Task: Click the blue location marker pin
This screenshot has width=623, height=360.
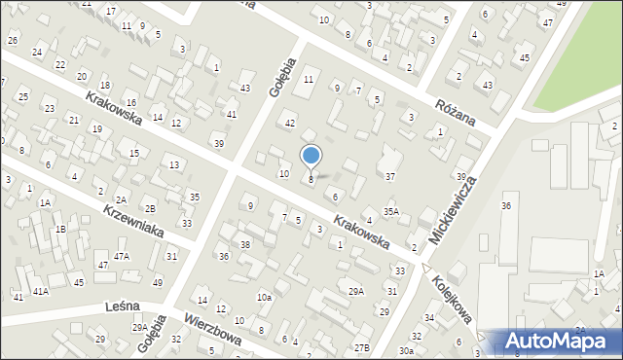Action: tap(311, 157)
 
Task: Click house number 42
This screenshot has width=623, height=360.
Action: tap(289, 124)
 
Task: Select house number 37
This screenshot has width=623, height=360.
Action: tap(390, 176)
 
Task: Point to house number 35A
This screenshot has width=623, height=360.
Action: tap(390, 211)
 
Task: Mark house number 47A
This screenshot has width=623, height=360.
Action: tap(121, 256)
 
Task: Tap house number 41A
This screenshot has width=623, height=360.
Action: tap(40, 291)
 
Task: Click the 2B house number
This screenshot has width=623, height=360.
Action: tap(150, 208)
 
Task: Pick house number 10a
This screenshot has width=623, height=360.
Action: tap(264, 297)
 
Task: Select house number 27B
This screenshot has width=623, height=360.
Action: tap(362, 347)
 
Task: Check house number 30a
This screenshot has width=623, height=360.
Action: tap(406, 350)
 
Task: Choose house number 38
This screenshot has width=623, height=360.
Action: tap(245, 243)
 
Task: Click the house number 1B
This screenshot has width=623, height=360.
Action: tap(60, 229)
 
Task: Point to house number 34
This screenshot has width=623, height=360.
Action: tap(429, 318)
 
